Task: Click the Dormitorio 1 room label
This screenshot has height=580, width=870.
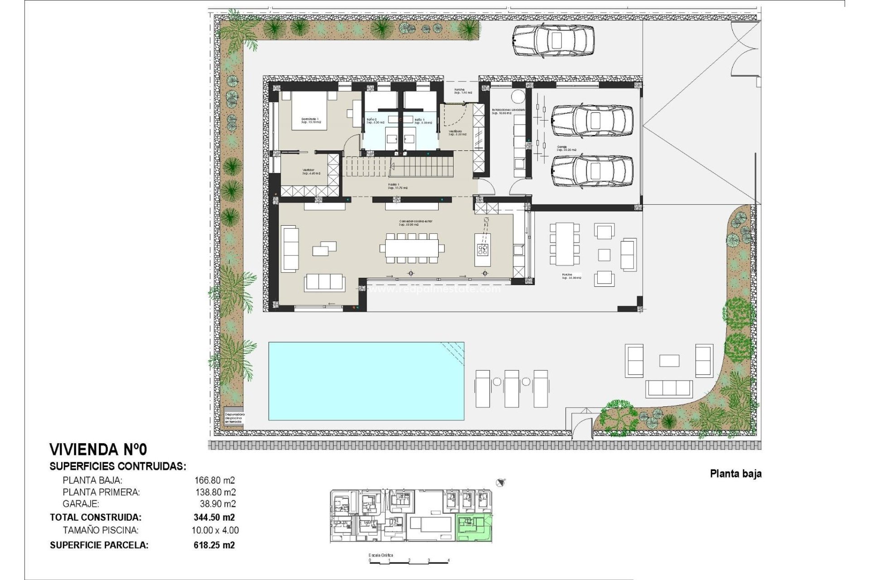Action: point(311,121)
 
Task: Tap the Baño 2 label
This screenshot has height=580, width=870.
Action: point(375,121)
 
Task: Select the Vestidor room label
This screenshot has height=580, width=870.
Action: point(311,172)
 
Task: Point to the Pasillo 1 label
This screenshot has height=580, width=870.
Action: point(397,186)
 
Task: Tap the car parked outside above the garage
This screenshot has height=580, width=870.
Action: point(553,41)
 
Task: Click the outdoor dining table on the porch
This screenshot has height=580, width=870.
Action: point(565,244)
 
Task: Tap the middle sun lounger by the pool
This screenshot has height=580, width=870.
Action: point(512,388)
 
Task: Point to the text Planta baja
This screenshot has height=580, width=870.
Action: point(735,474)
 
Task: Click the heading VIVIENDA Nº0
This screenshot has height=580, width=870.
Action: point(98,449)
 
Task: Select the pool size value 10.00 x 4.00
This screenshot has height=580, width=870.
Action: point(215,530)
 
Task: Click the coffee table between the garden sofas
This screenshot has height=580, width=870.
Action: point(669,361)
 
